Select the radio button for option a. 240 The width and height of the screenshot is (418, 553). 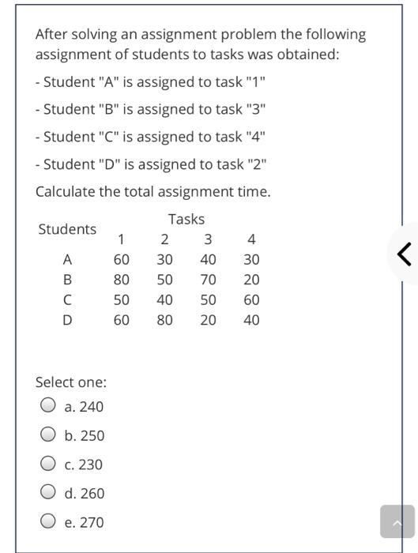pyautogui.click(x=48, y=406)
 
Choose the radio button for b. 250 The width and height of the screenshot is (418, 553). pyautogui.click(x=48, y=435)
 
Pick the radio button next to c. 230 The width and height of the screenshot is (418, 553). pyautogui.click(x=48, y=464)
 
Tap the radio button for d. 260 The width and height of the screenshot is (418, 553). pyautogui.click(x=48, y=493)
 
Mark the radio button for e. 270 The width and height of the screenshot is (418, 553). pyautogui.click(x=48, y=522)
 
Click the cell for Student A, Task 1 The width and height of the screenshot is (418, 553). pyautogui.click(x=121, y=259)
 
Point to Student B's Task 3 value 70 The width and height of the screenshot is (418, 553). pyautogui.click(x=208, y=280)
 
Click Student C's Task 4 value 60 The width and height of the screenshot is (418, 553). pyautogui.click(x=251, y=300)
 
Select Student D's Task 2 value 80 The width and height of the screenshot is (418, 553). pyautogui.click(x=164, y=320)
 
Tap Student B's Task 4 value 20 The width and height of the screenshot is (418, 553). pyautogui.click(x=251, y=280)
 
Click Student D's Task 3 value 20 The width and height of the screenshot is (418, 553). pyautogui.click(x=208, y=320)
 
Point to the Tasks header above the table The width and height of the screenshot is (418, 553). pyautogui.click(x=186, y=219)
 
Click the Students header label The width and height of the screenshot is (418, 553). pyautogui.click(x=67, y=229)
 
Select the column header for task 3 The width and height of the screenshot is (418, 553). pyautogui.click(x=208, y=239)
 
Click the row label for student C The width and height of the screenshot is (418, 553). pyautogui.click(x=67, y=300)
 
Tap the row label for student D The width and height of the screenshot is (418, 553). pyautogui.click(x=67, y=320)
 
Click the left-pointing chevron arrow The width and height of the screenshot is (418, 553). pyautogui.click(x=404, y=254)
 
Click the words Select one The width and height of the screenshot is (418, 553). pyautogui.click(x=71, y=382)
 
